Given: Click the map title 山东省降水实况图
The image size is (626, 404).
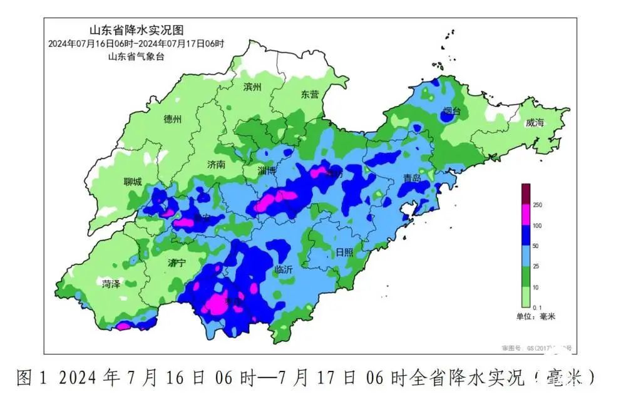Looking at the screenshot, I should pyautogui.click(x=137, y=30).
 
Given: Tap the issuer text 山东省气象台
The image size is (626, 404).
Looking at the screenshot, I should pyautogui.click(x=137, y=56).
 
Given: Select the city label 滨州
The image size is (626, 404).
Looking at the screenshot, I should pyautogui.click(x=253, y=88).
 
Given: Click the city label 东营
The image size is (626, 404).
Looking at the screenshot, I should pyautogui.click(x=309, y=95).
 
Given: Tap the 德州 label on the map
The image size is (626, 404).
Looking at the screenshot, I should pyautogui.click(x=172, y=119).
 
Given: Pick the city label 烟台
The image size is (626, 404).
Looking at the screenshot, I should pyautogui.click(x=451, y=111).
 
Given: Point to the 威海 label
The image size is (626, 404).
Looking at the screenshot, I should pyautogui.click(x=535, y=122).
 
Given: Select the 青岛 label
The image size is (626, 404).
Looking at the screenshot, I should pyautogui.click(x=412, y=179).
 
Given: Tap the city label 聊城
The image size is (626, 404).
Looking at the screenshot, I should pyautogui.click(x=133, y=182).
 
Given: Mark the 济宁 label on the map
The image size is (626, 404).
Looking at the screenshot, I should pyautogui.click(x=177, y=263).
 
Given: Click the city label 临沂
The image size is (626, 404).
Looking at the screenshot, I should pyautogui.click(x=283, y=270).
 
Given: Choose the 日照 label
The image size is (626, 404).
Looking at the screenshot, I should pyautogui.click(x=344, y=252).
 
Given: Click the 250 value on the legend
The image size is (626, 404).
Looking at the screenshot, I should pyautogui.click(x=537, y=205).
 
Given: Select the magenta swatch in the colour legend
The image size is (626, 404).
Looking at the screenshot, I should pyautogui.click(x=526, y=215).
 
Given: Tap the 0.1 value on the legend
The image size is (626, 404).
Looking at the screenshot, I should pyautogui.click(x=536, y=308).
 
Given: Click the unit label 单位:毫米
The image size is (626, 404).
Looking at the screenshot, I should pyautogui.click(x=535, y=317).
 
